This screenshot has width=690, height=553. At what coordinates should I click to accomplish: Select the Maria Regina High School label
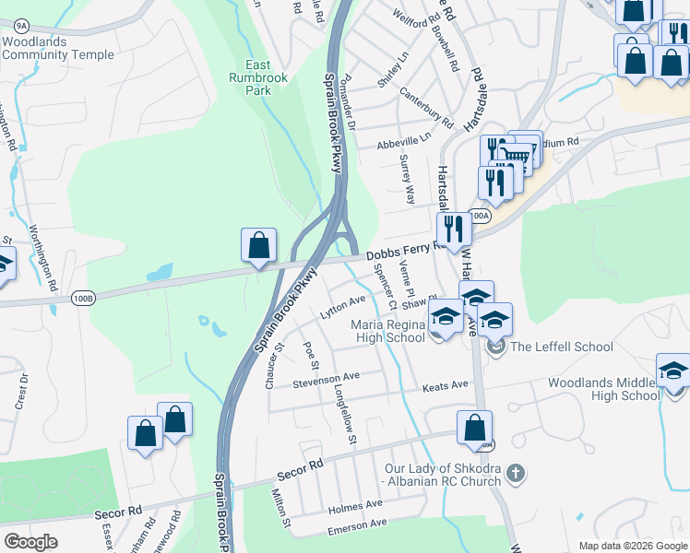click(x=387, y=331)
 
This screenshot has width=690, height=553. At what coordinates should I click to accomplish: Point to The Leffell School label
click(x=561, y=347)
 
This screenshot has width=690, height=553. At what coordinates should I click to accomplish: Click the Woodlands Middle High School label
click(x=603, y=389)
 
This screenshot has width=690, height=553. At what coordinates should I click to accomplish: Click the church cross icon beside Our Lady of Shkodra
click(x=516, y=474)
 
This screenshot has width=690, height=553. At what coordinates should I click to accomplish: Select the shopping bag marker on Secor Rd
click(x=474, y=429)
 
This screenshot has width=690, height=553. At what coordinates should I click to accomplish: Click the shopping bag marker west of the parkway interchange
click(x=259, y=246)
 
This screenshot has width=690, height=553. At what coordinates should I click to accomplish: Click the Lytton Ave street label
click(x=342, y=306)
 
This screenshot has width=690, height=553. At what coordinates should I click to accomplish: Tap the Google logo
click(x=31, y=541)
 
